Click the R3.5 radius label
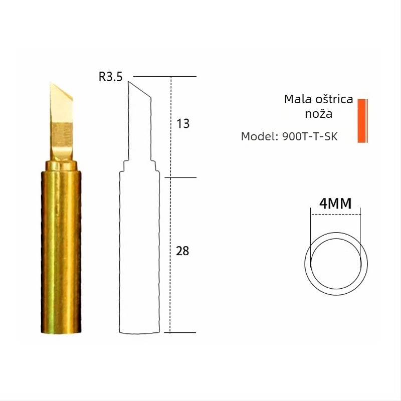pos(110,77)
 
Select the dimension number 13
pos(183,124)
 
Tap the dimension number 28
pos(182,251)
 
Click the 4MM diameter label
pos(335,204)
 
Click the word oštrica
pos(334,99)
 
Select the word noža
pos(319,114)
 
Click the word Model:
pos(260,136)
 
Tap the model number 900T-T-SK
pos(310,136)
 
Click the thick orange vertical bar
pos(361,121)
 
